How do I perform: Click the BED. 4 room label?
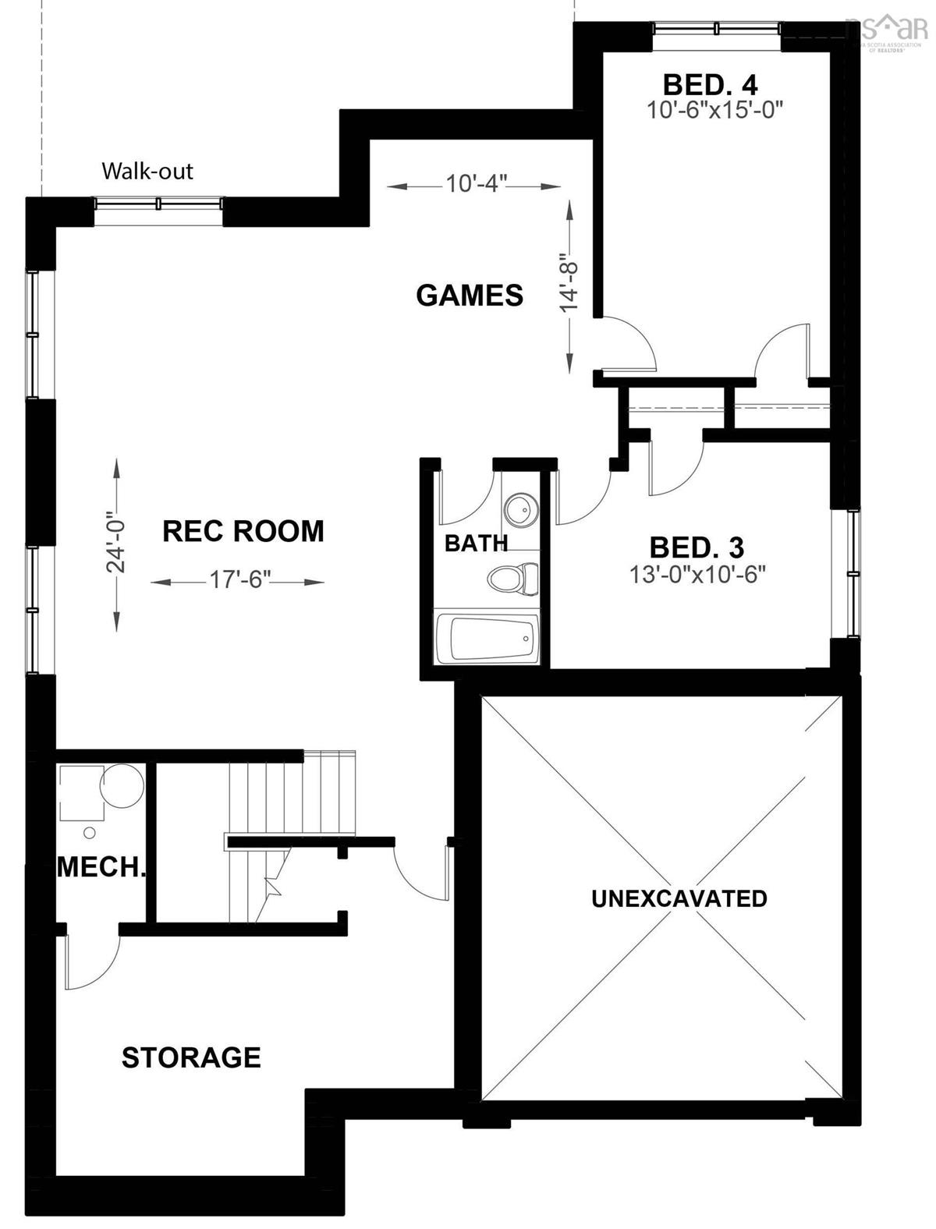pos(710,83)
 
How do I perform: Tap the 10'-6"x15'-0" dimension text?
pos(714,110)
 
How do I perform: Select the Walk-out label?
pos(147,171)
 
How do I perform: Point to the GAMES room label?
pos(470,296)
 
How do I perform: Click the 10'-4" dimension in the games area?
pos(477,185)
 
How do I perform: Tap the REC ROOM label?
pos(243,531)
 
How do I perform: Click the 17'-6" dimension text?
pos(238,581)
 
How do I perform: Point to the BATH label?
pos(476,543)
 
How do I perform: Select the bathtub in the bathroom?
pos(487,639)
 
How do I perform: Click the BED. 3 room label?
pos(697,547)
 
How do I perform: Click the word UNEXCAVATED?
pos(679,898)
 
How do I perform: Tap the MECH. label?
pos(101,867)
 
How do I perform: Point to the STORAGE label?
pos(191,1057)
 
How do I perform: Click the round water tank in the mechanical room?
pos(122,785)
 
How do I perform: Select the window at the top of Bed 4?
pos(717,29)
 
